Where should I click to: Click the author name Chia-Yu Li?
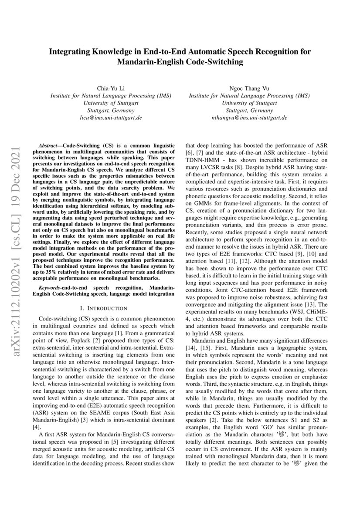click(111, 88)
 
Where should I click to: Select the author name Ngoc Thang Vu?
click(249, 88)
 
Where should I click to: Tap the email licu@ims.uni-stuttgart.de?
click(111, 118)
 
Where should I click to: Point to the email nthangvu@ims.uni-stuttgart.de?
click(249, 118)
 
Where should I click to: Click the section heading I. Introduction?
click(104, 308)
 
